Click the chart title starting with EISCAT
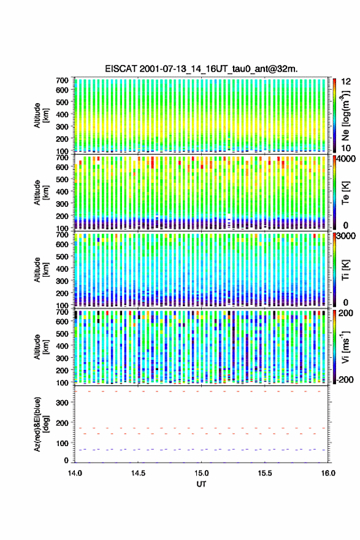(201, 69)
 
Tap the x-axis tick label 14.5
(138, 473)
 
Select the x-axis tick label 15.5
(265, 473)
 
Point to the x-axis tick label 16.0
(328, 473)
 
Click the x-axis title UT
(201, 484)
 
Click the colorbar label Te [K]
(345, 193)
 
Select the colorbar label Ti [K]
(345, 269)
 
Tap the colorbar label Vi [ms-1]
(345, 347)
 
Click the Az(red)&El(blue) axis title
(40, 425)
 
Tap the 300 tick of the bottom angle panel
(62, 403)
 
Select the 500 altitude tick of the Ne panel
(62, 102)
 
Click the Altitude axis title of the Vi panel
(40, 347)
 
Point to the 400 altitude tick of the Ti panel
(62, 269)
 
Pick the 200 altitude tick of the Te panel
(62, 216)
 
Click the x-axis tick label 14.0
(75, 473)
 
